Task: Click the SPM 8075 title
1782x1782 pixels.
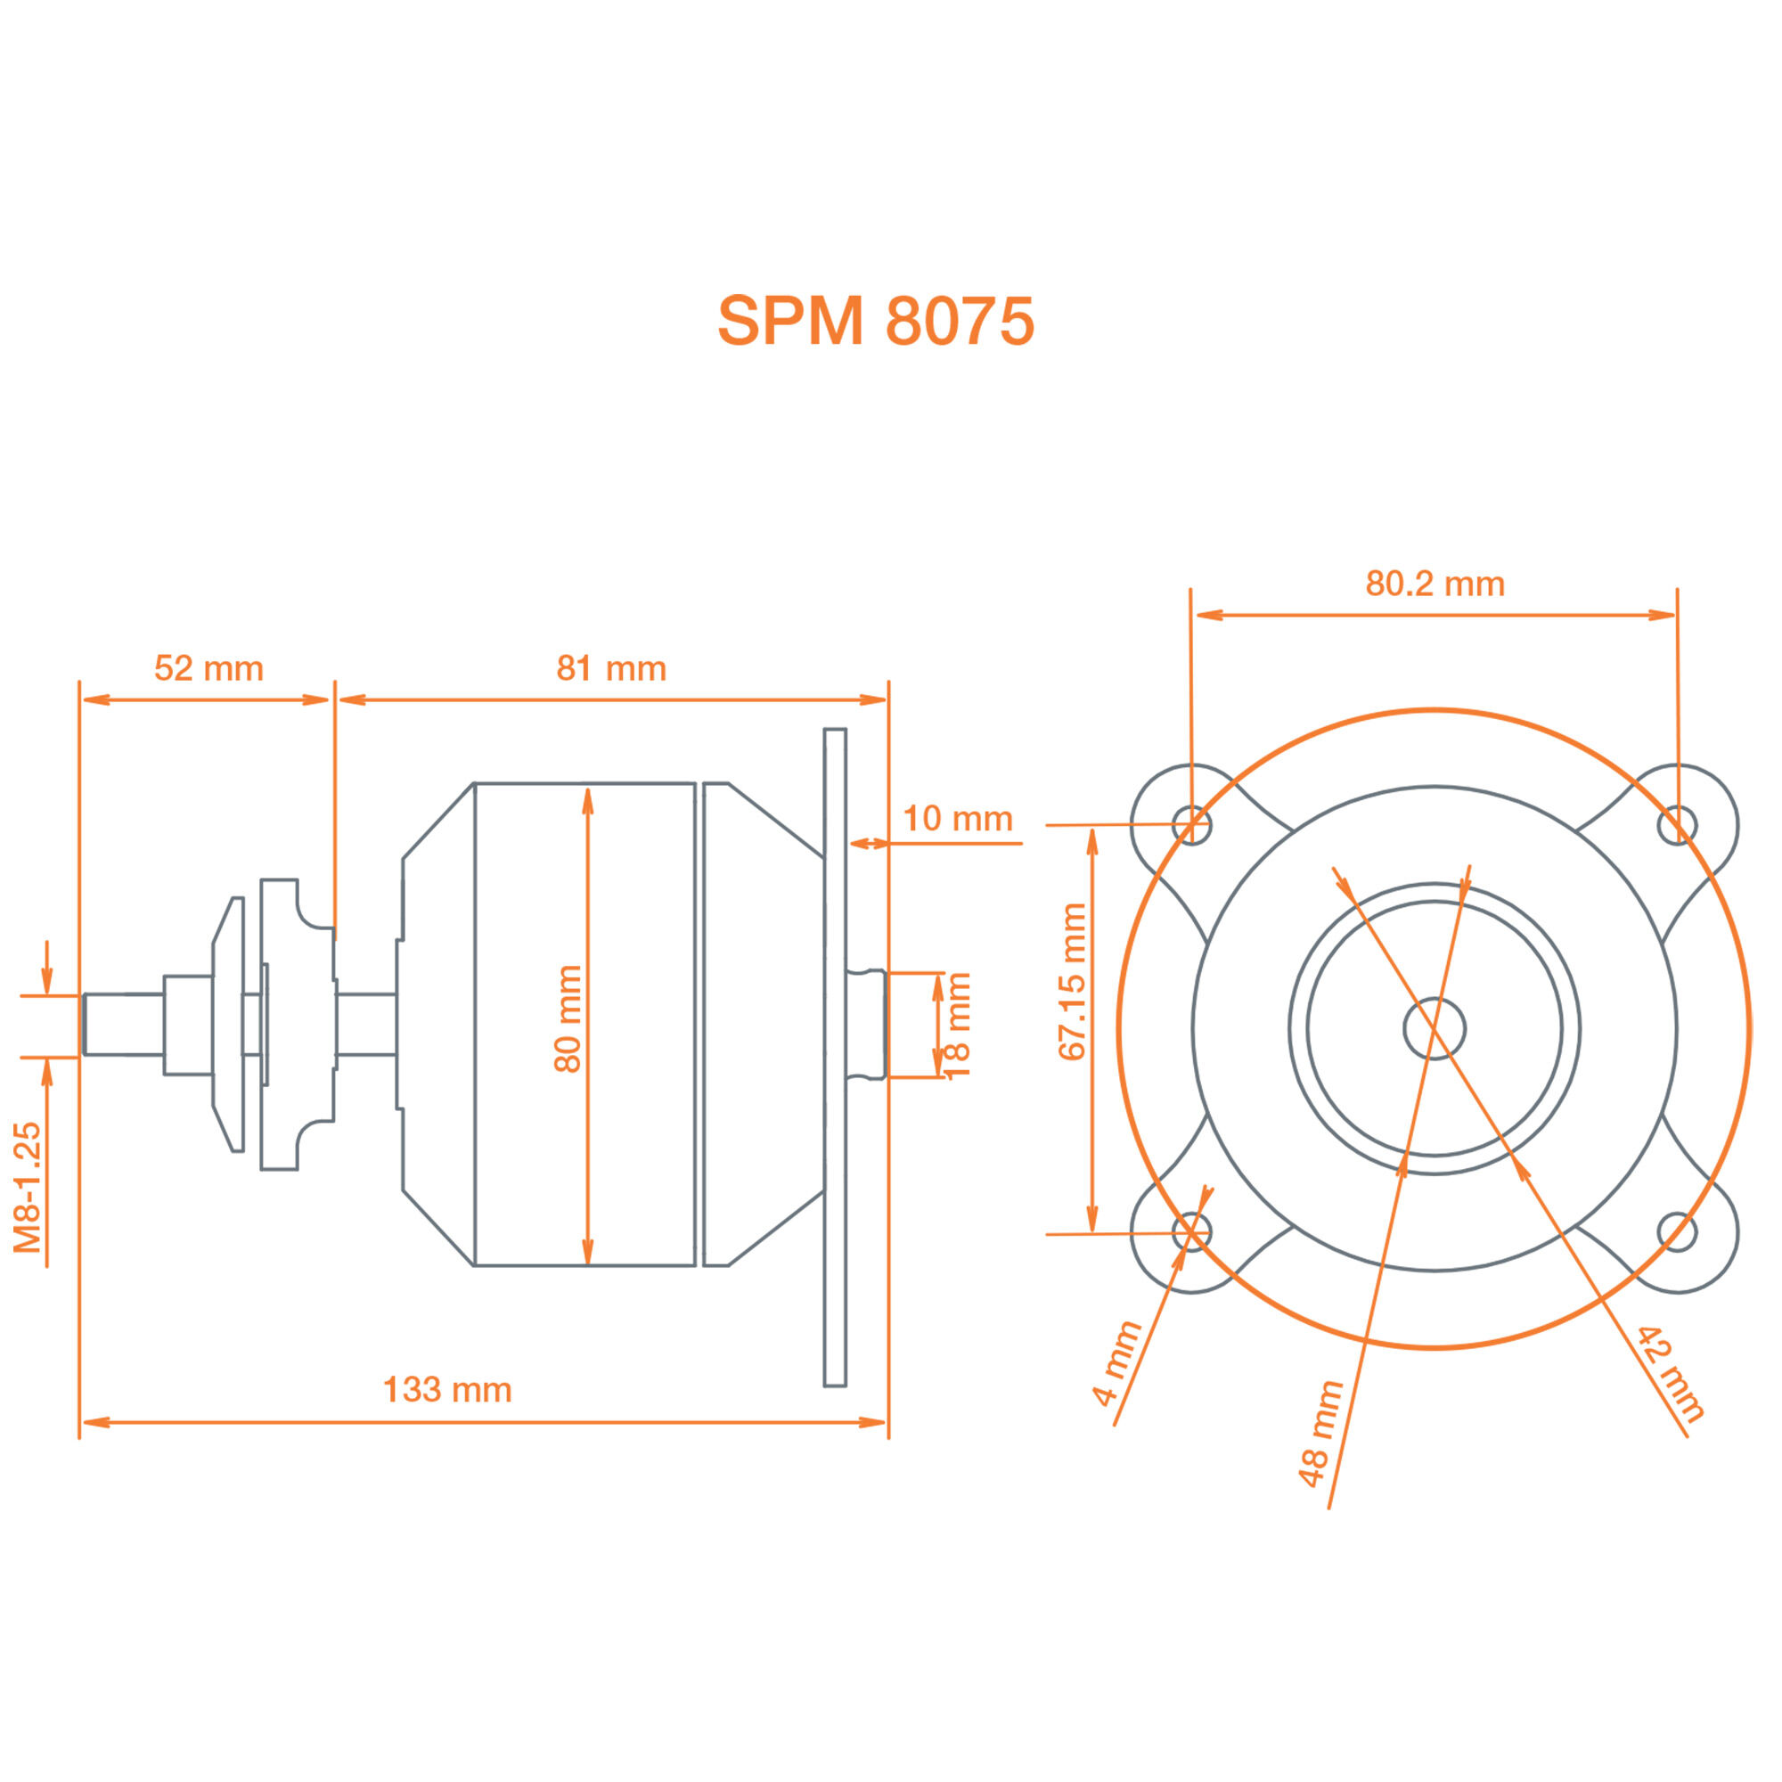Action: point(875,321)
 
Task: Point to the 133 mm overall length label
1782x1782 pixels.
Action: point(447,1389)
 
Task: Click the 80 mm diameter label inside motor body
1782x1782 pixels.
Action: point(568,1018)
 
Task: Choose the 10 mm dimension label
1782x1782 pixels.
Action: point(958,818)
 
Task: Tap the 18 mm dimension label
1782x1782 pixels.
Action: point(959,1025)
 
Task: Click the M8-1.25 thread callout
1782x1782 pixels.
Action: point(29,1187)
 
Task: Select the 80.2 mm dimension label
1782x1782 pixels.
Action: point(1435,583)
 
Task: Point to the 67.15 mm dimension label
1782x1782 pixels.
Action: point(1073,981)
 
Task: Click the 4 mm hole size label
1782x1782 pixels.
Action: point(1118,1363)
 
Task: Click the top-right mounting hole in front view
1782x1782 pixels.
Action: point(1676,824)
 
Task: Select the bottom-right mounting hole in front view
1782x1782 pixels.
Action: point(1676,1231)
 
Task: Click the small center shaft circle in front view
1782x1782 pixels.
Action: point(1435,1027)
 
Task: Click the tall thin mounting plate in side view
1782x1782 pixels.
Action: point(835,1057)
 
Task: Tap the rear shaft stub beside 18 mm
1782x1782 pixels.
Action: point(866,1024)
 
